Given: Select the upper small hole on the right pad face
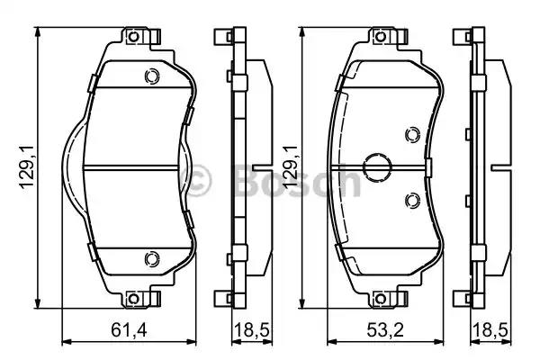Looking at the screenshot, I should (x=411, y=135).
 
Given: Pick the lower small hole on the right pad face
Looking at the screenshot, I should (x=411, y=200).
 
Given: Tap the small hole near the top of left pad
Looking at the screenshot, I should (x=150, y=76).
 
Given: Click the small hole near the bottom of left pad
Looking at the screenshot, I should (x=150, y=260).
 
